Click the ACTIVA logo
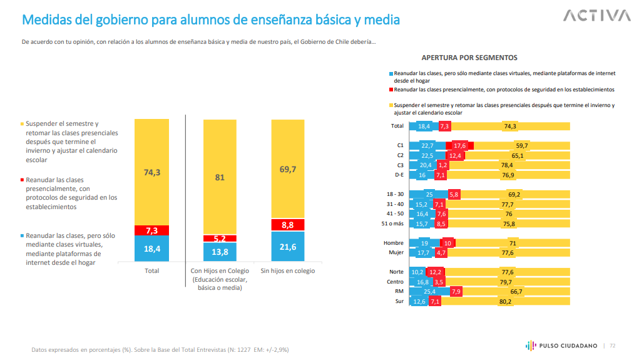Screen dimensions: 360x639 coord(596,16)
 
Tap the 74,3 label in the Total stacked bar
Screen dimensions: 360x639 coord(151,172)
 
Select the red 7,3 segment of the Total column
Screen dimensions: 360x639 coord(151,230)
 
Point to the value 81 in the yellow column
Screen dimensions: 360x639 coord(220,177)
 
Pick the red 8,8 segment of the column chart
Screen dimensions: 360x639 coord(287,224)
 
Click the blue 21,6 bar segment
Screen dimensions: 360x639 coord(287,247)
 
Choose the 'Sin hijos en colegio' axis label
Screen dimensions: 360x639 coord(287,270)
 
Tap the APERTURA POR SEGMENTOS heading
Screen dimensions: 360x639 coord(469,58)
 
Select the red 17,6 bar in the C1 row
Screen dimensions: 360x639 coord(460,146)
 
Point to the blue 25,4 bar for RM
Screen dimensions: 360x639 coord(429,291)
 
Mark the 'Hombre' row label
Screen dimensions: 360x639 coord(394,243)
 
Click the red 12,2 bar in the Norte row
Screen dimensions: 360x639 coord(435,272)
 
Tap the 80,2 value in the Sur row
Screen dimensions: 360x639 coord(505,301)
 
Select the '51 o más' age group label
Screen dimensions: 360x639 coord(392,224)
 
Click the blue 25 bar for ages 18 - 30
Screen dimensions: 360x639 coord(429,195)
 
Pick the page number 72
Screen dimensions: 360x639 coord(613,345)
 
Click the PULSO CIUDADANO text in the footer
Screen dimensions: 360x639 coord(569,345)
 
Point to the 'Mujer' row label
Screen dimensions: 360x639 coord(395,252)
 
